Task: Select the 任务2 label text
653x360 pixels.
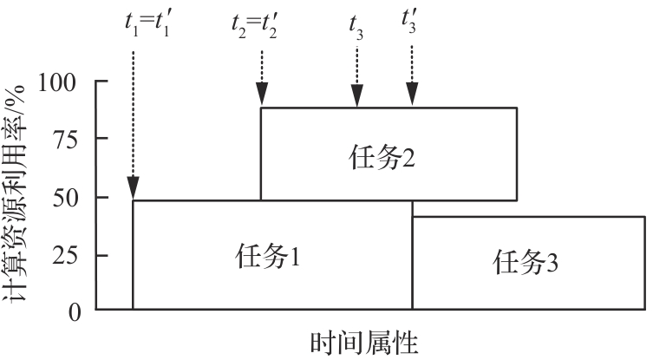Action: click(x=374, y=158)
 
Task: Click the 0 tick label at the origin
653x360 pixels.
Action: click(x=75, y=311)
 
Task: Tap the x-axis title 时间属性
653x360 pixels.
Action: click(x=363, y=344)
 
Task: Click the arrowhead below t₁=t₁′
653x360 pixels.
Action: click(x=133, y=188)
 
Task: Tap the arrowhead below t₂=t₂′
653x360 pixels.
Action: click(x=262, y=95)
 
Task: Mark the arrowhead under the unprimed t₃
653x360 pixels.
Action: click(x=356, y=95)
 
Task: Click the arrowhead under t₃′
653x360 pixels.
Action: click(x=413, y=95)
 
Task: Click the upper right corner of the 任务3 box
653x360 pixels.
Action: click(x=645, y=217)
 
